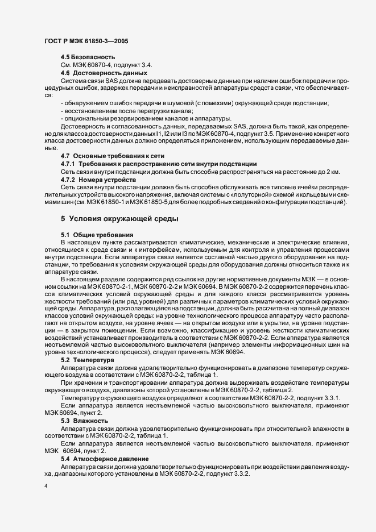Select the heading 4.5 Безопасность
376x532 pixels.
click(88, 57)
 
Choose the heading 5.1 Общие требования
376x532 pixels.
click(97, 235)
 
